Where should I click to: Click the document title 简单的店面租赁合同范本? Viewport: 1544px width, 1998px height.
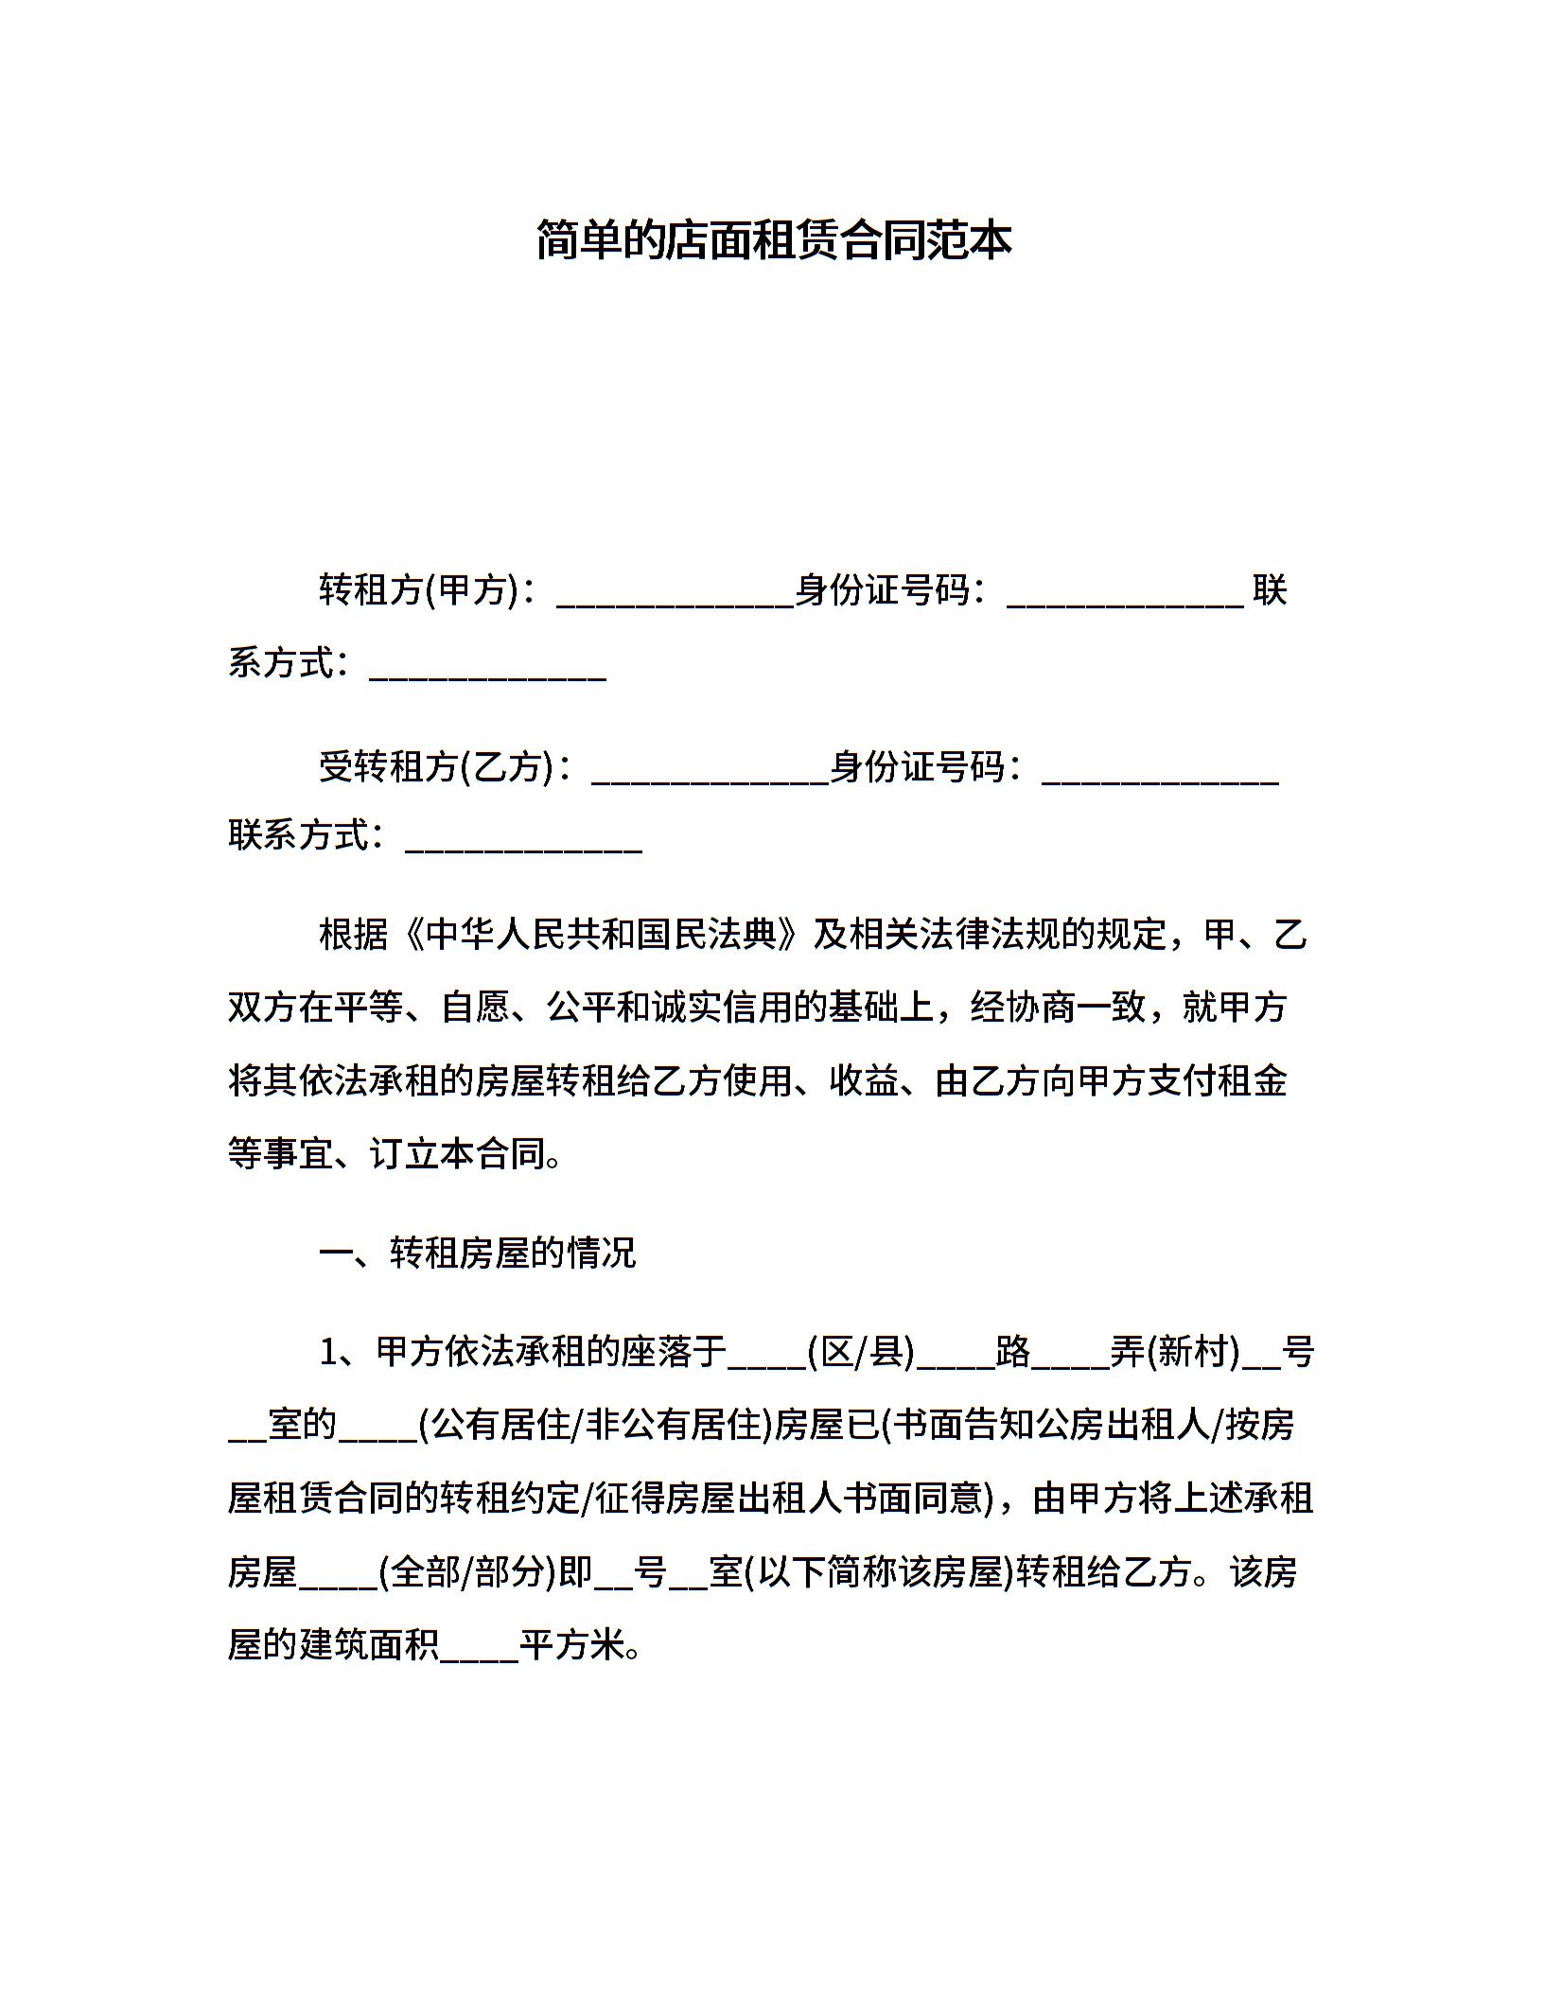773,240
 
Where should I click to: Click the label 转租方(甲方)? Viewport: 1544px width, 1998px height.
419,590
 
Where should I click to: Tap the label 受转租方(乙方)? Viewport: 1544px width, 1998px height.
436,766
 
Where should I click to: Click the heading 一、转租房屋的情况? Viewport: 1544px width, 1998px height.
478,1253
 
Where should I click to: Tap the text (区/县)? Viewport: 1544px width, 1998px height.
861,1353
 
